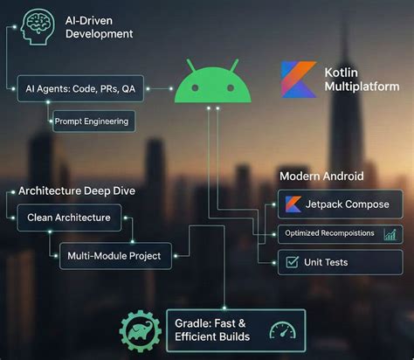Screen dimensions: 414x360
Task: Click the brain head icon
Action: point(38,27)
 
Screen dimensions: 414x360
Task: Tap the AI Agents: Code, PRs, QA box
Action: point(80,88)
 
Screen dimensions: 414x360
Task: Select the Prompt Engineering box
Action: point(93,121)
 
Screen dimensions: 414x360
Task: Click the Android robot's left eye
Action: point(195,87)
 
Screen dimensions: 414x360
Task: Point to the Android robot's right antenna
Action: point(234,66)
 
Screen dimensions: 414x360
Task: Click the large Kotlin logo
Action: point(299,79)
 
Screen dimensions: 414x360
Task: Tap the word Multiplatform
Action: point(362,87)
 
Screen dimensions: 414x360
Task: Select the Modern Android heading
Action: point(321,177)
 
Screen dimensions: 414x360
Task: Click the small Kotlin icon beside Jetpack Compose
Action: point(293,204)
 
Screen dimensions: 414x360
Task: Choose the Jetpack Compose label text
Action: point(347,204)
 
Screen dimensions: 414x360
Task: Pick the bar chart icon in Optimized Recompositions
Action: point(390,234)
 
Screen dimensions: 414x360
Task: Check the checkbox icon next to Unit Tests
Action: point(292,262)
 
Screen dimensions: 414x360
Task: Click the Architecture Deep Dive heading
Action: point(77,191)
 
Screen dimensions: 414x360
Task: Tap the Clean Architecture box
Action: point(69,218)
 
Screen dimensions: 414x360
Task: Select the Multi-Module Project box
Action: point(115,256)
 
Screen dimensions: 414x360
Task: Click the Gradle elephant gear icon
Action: point(141,331)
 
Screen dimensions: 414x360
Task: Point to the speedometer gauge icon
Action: point(282,330)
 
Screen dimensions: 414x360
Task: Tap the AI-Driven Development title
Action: point(99,27)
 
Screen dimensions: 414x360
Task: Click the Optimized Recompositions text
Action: point(329,233)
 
